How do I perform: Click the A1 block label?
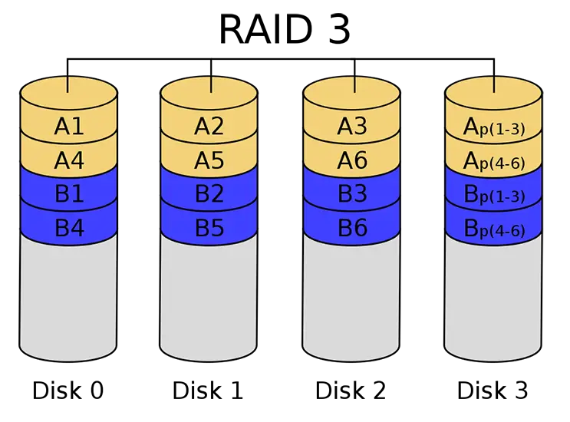point(68,127)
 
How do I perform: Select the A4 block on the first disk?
point(68,160)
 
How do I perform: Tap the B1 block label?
point(68,194)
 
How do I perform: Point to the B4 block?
point(68,228)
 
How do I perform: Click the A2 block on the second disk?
point(209,127)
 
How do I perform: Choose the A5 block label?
point(209,160)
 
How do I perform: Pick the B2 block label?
point(209,194)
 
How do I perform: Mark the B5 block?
point(209,228)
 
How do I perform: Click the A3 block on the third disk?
point(351,127)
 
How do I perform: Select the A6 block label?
point(351,160)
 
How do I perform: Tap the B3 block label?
point(351,194)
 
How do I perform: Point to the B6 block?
point(351,228)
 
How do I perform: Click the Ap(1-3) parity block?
point(493,127)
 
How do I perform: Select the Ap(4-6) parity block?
point(493,161)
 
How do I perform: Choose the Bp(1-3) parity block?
point(493,195)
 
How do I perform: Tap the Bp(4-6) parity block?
point(493,229)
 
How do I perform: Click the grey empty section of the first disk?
point(68,299)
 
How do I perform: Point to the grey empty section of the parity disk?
point(493,299)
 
